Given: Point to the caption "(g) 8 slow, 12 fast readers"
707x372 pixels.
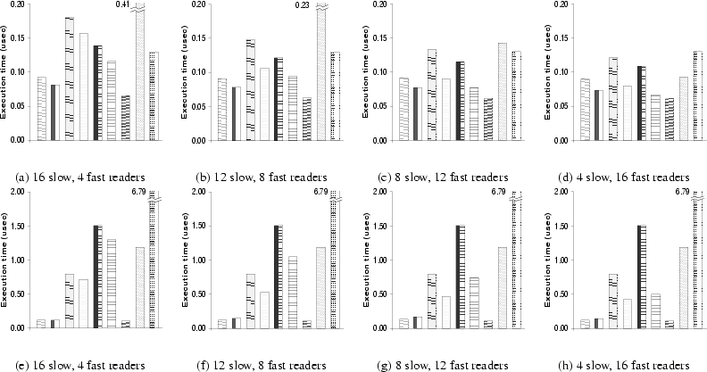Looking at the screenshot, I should click(447, 364).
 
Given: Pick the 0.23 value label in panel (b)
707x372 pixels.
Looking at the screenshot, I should click(302, 5).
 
